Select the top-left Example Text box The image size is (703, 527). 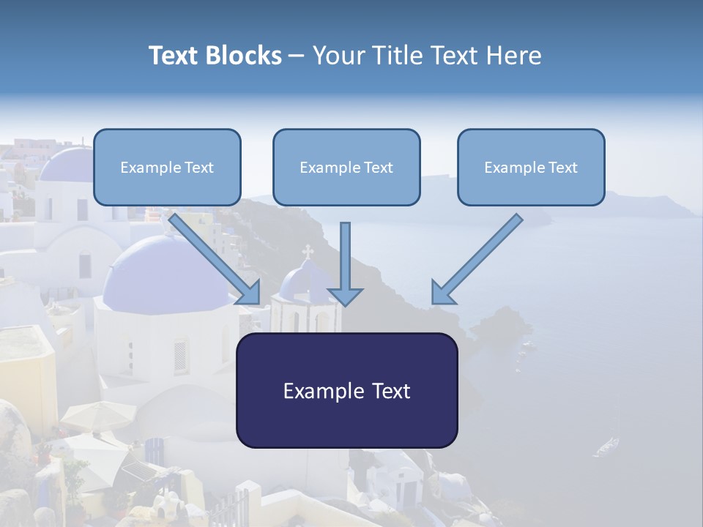[x=167, y=168]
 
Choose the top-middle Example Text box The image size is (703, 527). [x=346, y=168]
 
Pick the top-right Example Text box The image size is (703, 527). [x=531, y=168]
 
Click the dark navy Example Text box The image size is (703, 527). [x=346, y=390]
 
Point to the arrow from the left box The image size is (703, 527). [x=215, y=259]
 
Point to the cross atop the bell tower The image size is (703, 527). [x=308, y=251]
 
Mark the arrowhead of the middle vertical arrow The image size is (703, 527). [x=345, y=296]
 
